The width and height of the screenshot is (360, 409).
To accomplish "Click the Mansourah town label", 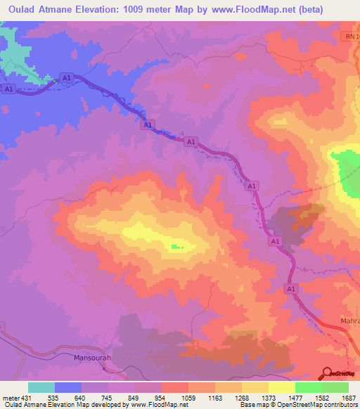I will [x=93, y=358].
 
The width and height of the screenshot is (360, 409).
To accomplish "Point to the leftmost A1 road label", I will [x=9, y=89].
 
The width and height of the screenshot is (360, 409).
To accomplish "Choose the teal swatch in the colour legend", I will [x=41, y=387].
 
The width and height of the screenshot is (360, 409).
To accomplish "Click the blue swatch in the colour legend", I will [x=68, y=387].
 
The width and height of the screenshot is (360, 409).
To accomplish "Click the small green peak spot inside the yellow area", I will [x=174, y=245].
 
